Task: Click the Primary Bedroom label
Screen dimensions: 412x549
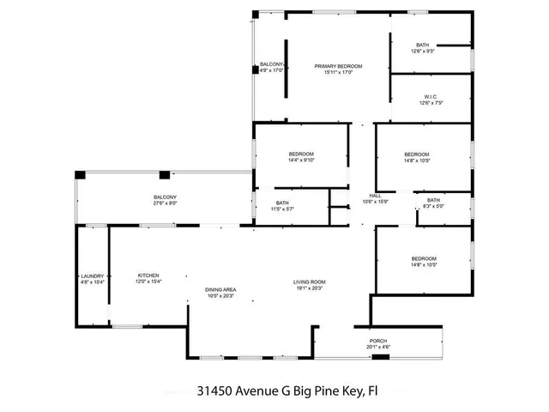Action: click(x=338, y=66)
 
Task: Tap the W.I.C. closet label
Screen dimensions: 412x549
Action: click(x=431, y=96)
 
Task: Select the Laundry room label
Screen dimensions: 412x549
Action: click(x=92, y=275)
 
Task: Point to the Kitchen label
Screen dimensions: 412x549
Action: click(x=148, y=275)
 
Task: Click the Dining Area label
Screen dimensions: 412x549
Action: click(x=220, y=289)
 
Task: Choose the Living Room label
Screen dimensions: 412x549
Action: click(x=310, y=282)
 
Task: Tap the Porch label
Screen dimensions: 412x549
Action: click(x=378, y=341)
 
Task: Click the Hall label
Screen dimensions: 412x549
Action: click(x=375, y=196)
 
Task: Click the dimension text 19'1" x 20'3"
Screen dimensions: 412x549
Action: click(x=310, y=288)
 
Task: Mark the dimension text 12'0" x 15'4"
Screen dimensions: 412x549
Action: click(x=148, y=282)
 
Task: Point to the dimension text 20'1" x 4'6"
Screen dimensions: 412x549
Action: click(x=378, y=348)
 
